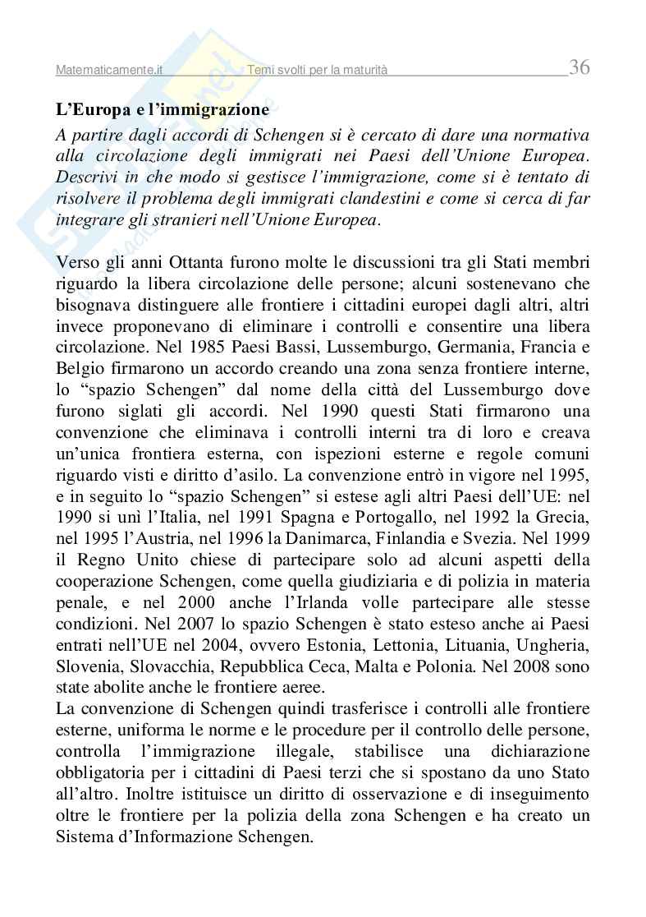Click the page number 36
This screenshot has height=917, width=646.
pyautogui.click(x=579, y=67)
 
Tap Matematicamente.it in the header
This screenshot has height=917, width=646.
pyautogui.click(x=109, y=71)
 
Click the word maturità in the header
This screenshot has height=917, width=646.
pyautogui.click(x=361, y=71)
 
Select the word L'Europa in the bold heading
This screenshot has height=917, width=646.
pyautogui.click(x=90, y=108)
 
